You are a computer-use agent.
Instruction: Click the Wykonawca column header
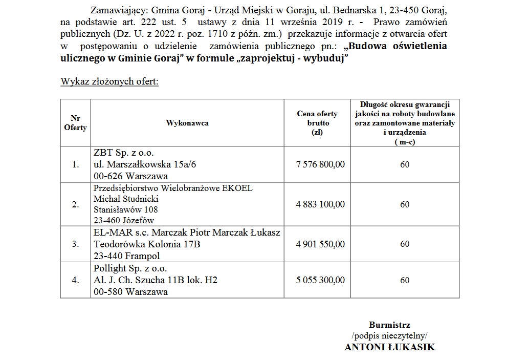pyautogui.click(x=187, y=123)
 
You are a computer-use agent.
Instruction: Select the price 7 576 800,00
pyautogui.click(x=320, y=164)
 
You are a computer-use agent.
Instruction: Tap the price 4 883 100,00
pyautogui.click(x=320, y=204)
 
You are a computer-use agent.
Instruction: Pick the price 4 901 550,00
pyautogui.click(x=320, y=244)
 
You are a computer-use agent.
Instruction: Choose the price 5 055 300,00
pyautogui.click(x=320, y=280)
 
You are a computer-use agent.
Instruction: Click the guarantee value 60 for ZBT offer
pyautogui.click(x=405, y=164)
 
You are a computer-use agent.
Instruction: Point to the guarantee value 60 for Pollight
pyautogui.click(x=405, y=280)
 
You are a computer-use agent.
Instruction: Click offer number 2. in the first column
pyautogui.click(x=76, y=205)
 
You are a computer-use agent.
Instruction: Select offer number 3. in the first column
pyautogui.click(x=76, y=244)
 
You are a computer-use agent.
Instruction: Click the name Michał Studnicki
pyautogui.click(x=126, y=199)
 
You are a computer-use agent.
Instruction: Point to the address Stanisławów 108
pyautogui.click(x=126, y=209)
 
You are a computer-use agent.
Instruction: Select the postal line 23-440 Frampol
pyautogui.click(x=127, y=256)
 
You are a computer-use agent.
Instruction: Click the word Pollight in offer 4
pyautogui.click(x=110, y=269)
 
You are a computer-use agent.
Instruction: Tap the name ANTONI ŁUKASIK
pyautogui.click(x=389, y=347)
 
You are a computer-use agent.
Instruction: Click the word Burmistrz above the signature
pyautogui.click(x=389, y=325)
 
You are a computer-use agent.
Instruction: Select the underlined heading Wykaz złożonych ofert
pyautogui.click(x=109, y=82)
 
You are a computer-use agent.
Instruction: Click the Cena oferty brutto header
pyautogui.click(x=317, y=123)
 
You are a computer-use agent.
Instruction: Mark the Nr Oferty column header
pyautogui.click(x=75, y=123)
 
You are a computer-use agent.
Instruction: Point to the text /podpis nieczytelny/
pyautogui.click(x=389, y=335)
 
